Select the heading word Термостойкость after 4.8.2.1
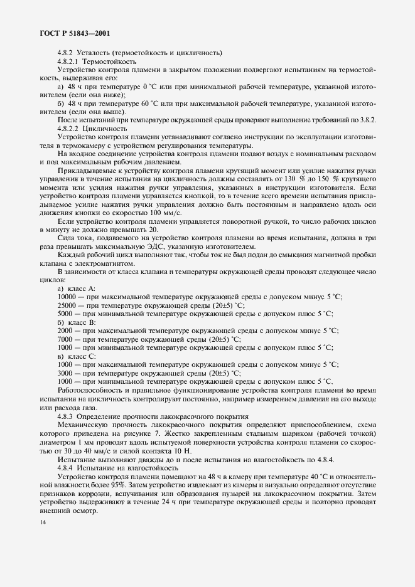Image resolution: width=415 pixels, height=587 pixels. coord(110,62)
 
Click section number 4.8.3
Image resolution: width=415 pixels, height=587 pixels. coord(67,416)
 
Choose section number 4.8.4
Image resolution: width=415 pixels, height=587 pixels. coord(67,468)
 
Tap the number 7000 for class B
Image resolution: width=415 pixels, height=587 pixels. coord(65,339)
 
